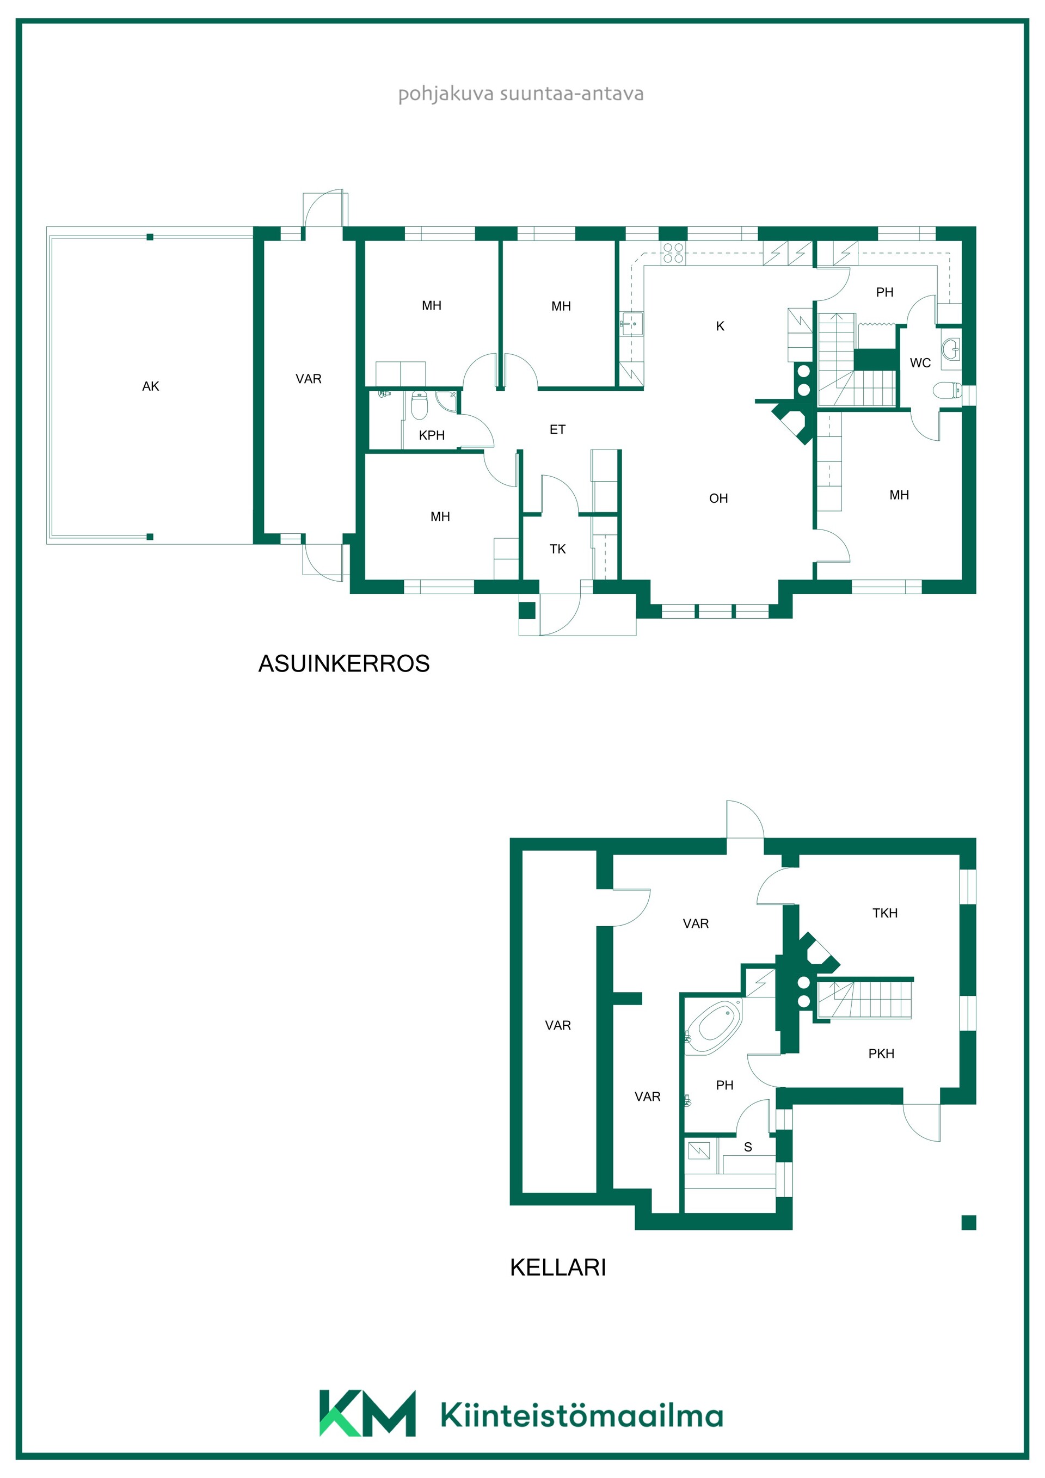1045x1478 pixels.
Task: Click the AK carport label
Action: click(151, 386)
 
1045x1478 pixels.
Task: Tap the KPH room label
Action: click(432, 435)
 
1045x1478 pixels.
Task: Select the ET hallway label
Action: click(557, 429)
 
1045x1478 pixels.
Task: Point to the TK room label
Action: click(557, 549)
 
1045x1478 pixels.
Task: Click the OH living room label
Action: click(718, 498)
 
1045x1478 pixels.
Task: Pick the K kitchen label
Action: click(721, 327)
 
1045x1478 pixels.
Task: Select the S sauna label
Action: click(748, 1147)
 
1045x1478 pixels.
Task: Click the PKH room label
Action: click(882, 1054)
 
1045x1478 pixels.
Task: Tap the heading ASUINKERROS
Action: click(344, 664)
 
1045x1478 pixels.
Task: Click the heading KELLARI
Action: click(558, 1267)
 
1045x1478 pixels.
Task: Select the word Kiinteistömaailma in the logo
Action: click(582, 1416)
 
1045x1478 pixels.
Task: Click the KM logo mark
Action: click(367, 1414)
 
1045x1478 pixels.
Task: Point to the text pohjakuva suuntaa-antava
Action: click(521, 94)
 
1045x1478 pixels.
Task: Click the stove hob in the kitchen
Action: click(673, 253)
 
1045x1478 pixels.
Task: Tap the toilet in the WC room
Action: click(946, 390)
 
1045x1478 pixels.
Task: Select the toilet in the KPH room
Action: click(420, 405)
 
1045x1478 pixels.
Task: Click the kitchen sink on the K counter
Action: click(632, 324)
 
